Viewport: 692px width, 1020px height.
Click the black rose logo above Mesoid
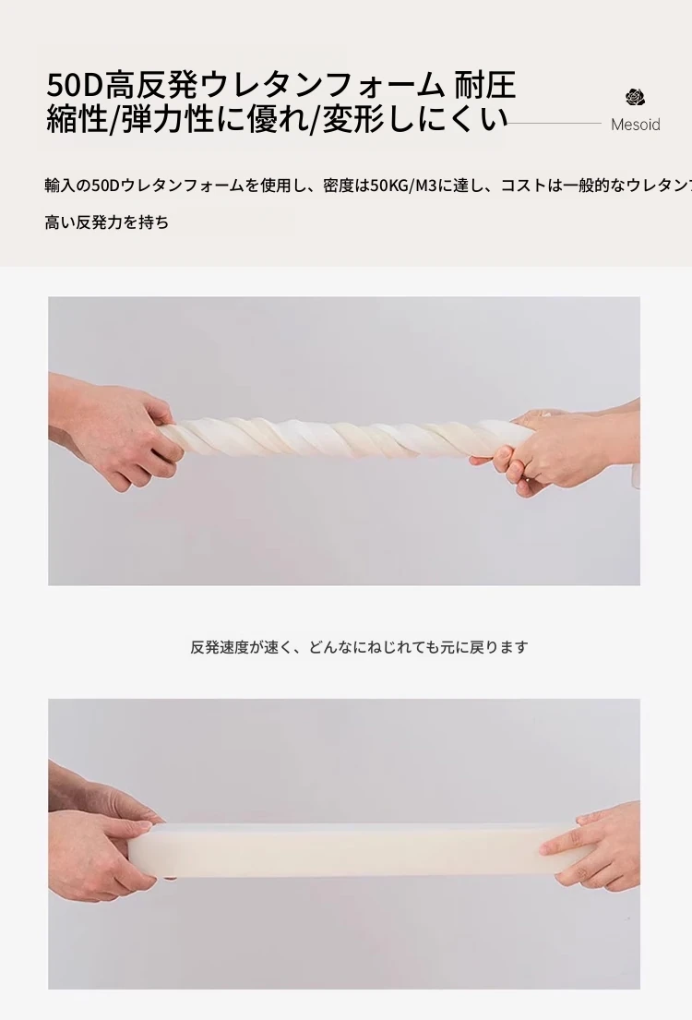click(x=636, y=98)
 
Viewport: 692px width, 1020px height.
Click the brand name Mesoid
click(x=636, y=125)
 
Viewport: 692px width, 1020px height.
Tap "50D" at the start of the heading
click(x=76, y=85)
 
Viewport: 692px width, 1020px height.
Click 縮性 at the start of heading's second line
click(x=77, y=119)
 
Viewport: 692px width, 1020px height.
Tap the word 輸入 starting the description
click(x=60, y=186)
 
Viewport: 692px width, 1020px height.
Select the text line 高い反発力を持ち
click(x=107, y=222)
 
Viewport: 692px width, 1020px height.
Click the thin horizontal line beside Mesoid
click(x=555, y=123)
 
